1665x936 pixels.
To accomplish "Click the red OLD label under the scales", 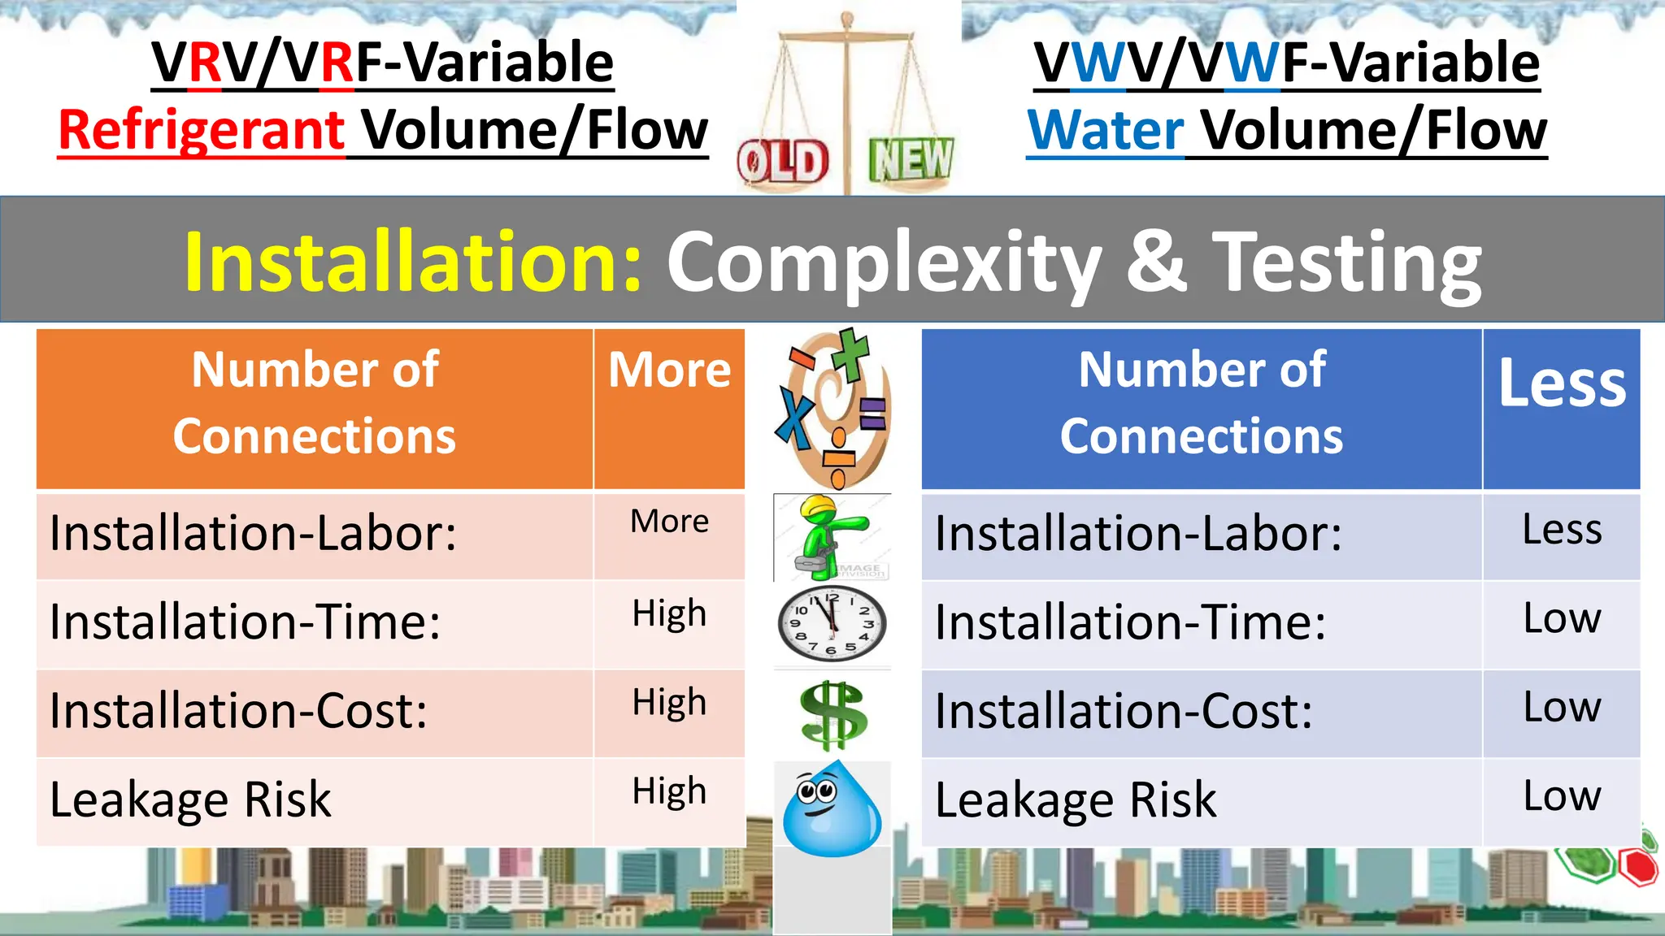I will [x=782, y=162].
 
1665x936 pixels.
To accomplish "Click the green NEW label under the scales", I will [x=911, y=159].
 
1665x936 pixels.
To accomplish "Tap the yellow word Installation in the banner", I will [x=413, y=262].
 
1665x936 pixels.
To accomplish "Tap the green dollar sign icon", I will [x=832, y=715].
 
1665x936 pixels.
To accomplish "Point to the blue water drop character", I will [x=832, y=809].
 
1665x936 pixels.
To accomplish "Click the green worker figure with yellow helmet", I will [x=829, y=536].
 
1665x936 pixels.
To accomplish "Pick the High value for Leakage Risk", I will [x=669, y=791].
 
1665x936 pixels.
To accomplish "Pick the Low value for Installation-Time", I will [x=1562, y=619].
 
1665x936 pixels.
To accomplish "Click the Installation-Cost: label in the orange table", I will [x=238, y=712].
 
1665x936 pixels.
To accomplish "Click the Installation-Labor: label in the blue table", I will [x=1138, y=535].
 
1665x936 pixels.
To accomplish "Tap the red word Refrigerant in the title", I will [x=202, y=130].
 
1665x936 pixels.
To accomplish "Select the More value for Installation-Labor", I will [x=669, y=522].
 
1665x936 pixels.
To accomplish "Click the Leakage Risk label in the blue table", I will [x=1076, y=800].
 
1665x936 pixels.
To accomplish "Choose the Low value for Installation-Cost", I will [x=1562, y=708].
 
